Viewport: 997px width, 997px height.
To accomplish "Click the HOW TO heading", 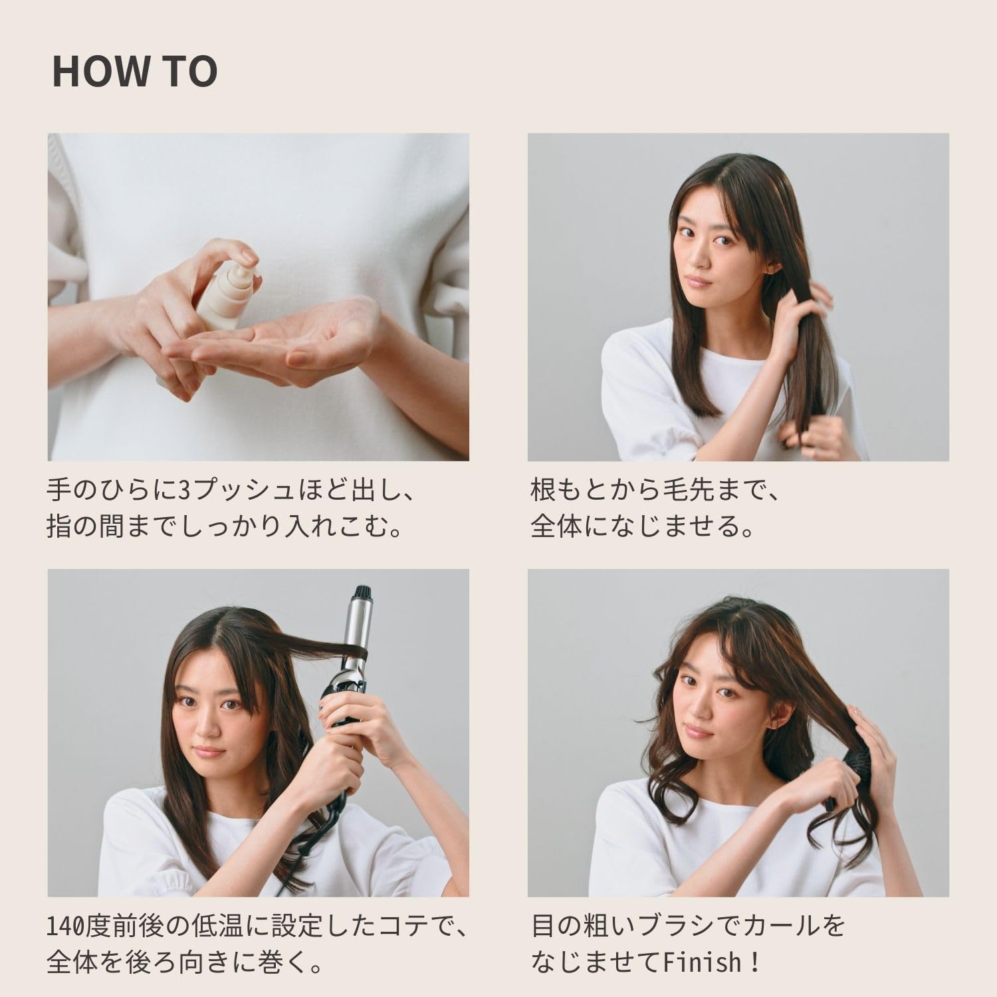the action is [x=135, y=72].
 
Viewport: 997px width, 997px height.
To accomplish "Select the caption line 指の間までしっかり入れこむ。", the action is [x=226, y=528].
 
